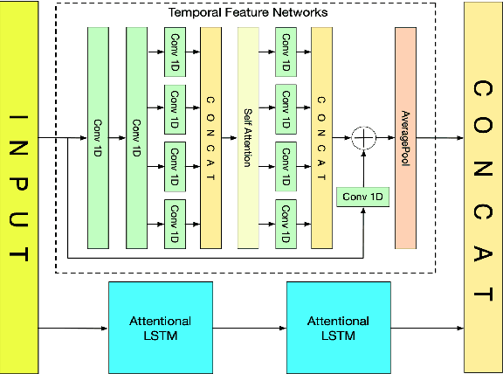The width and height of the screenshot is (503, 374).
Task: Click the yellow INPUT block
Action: point(19,187)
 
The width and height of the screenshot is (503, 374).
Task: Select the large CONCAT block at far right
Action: point(483,187)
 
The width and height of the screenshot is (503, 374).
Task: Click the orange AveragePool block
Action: point(404,137)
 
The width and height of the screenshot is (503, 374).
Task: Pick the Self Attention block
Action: point(248,137)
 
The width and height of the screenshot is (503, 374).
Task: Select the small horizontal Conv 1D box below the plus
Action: point(362,197)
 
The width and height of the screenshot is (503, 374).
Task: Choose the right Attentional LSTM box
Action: point(331,328)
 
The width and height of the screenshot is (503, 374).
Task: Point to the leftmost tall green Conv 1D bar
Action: point(98,137)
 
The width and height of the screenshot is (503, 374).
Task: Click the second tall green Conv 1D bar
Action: point(136,137)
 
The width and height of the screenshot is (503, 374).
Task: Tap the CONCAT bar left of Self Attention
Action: point(210,137)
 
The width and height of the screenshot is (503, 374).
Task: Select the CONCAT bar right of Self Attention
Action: point(322,137)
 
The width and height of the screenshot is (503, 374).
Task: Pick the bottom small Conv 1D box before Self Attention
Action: point(174,221)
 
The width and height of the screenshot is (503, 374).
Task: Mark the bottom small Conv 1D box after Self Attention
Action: point(285,221)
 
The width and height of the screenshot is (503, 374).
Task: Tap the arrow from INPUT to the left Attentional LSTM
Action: point(73,329)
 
